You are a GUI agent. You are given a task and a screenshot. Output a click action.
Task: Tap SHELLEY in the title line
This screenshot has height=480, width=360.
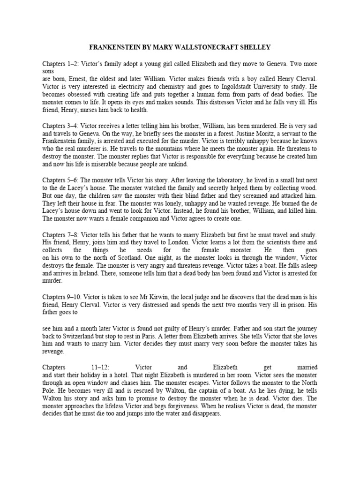click(x=255, y=47)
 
